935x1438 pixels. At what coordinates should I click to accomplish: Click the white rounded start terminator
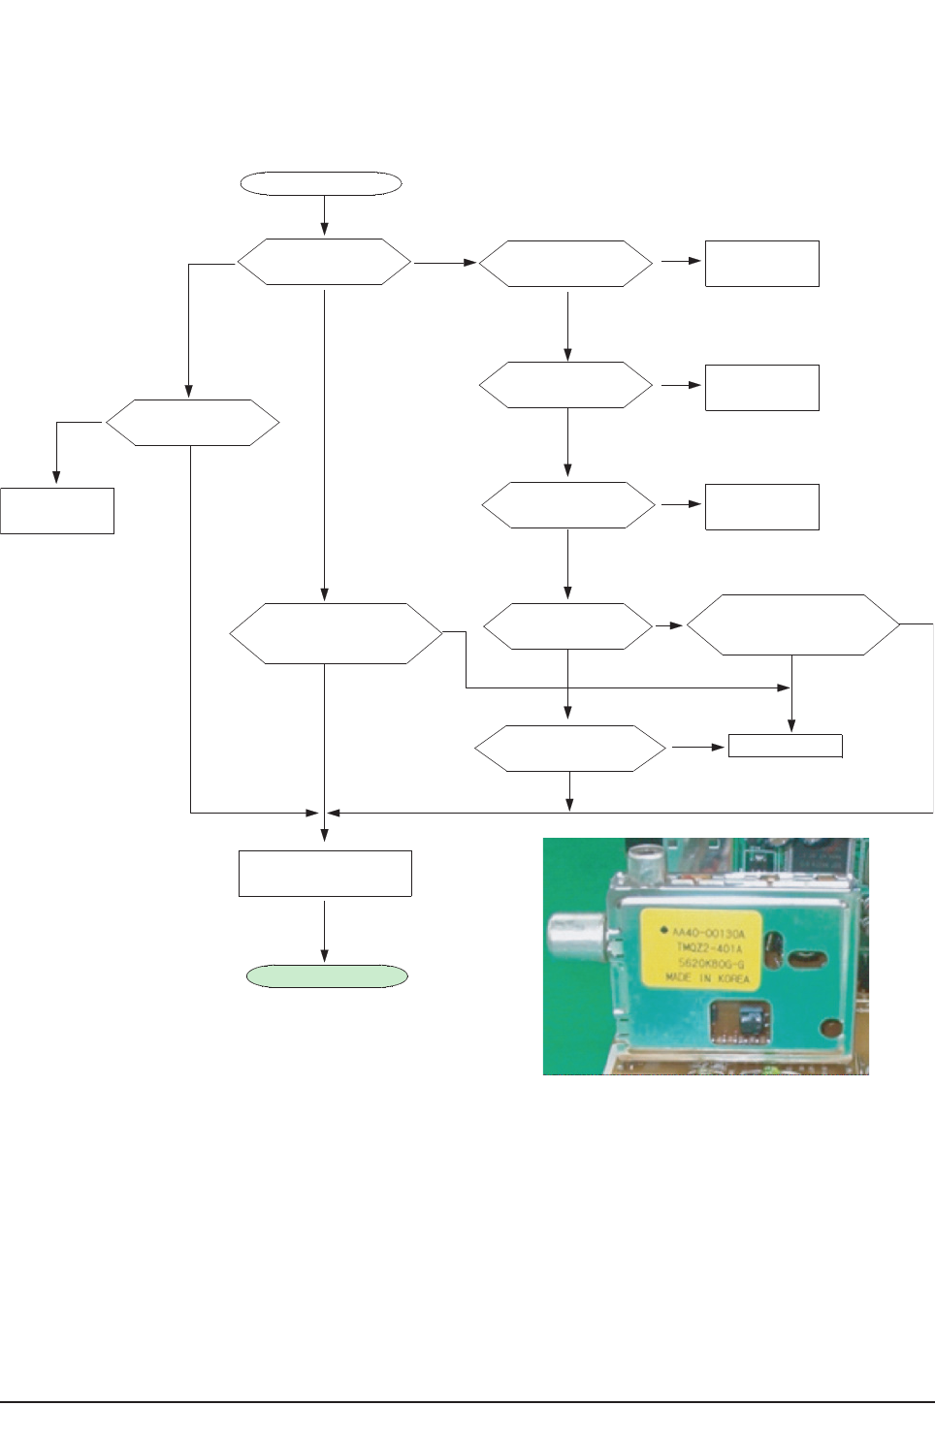[x=321, y=183]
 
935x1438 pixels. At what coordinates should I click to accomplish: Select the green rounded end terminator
[x=327, y=975]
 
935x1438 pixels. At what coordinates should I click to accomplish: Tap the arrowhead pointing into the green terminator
[x=324, y=959]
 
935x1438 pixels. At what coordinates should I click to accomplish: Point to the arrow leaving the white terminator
[x=324, y=214]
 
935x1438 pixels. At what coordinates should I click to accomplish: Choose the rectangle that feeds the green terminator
[x=325, y=873]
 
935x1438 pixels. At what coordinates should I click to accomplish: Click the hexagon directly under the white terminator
[x=324, y=262]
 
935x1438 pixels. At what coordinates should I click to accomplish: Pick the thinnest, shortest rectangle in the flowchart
[x=785, y=746]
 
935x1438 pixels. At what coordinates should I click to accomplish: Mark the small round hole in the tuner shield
[x=831, y=1028]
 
